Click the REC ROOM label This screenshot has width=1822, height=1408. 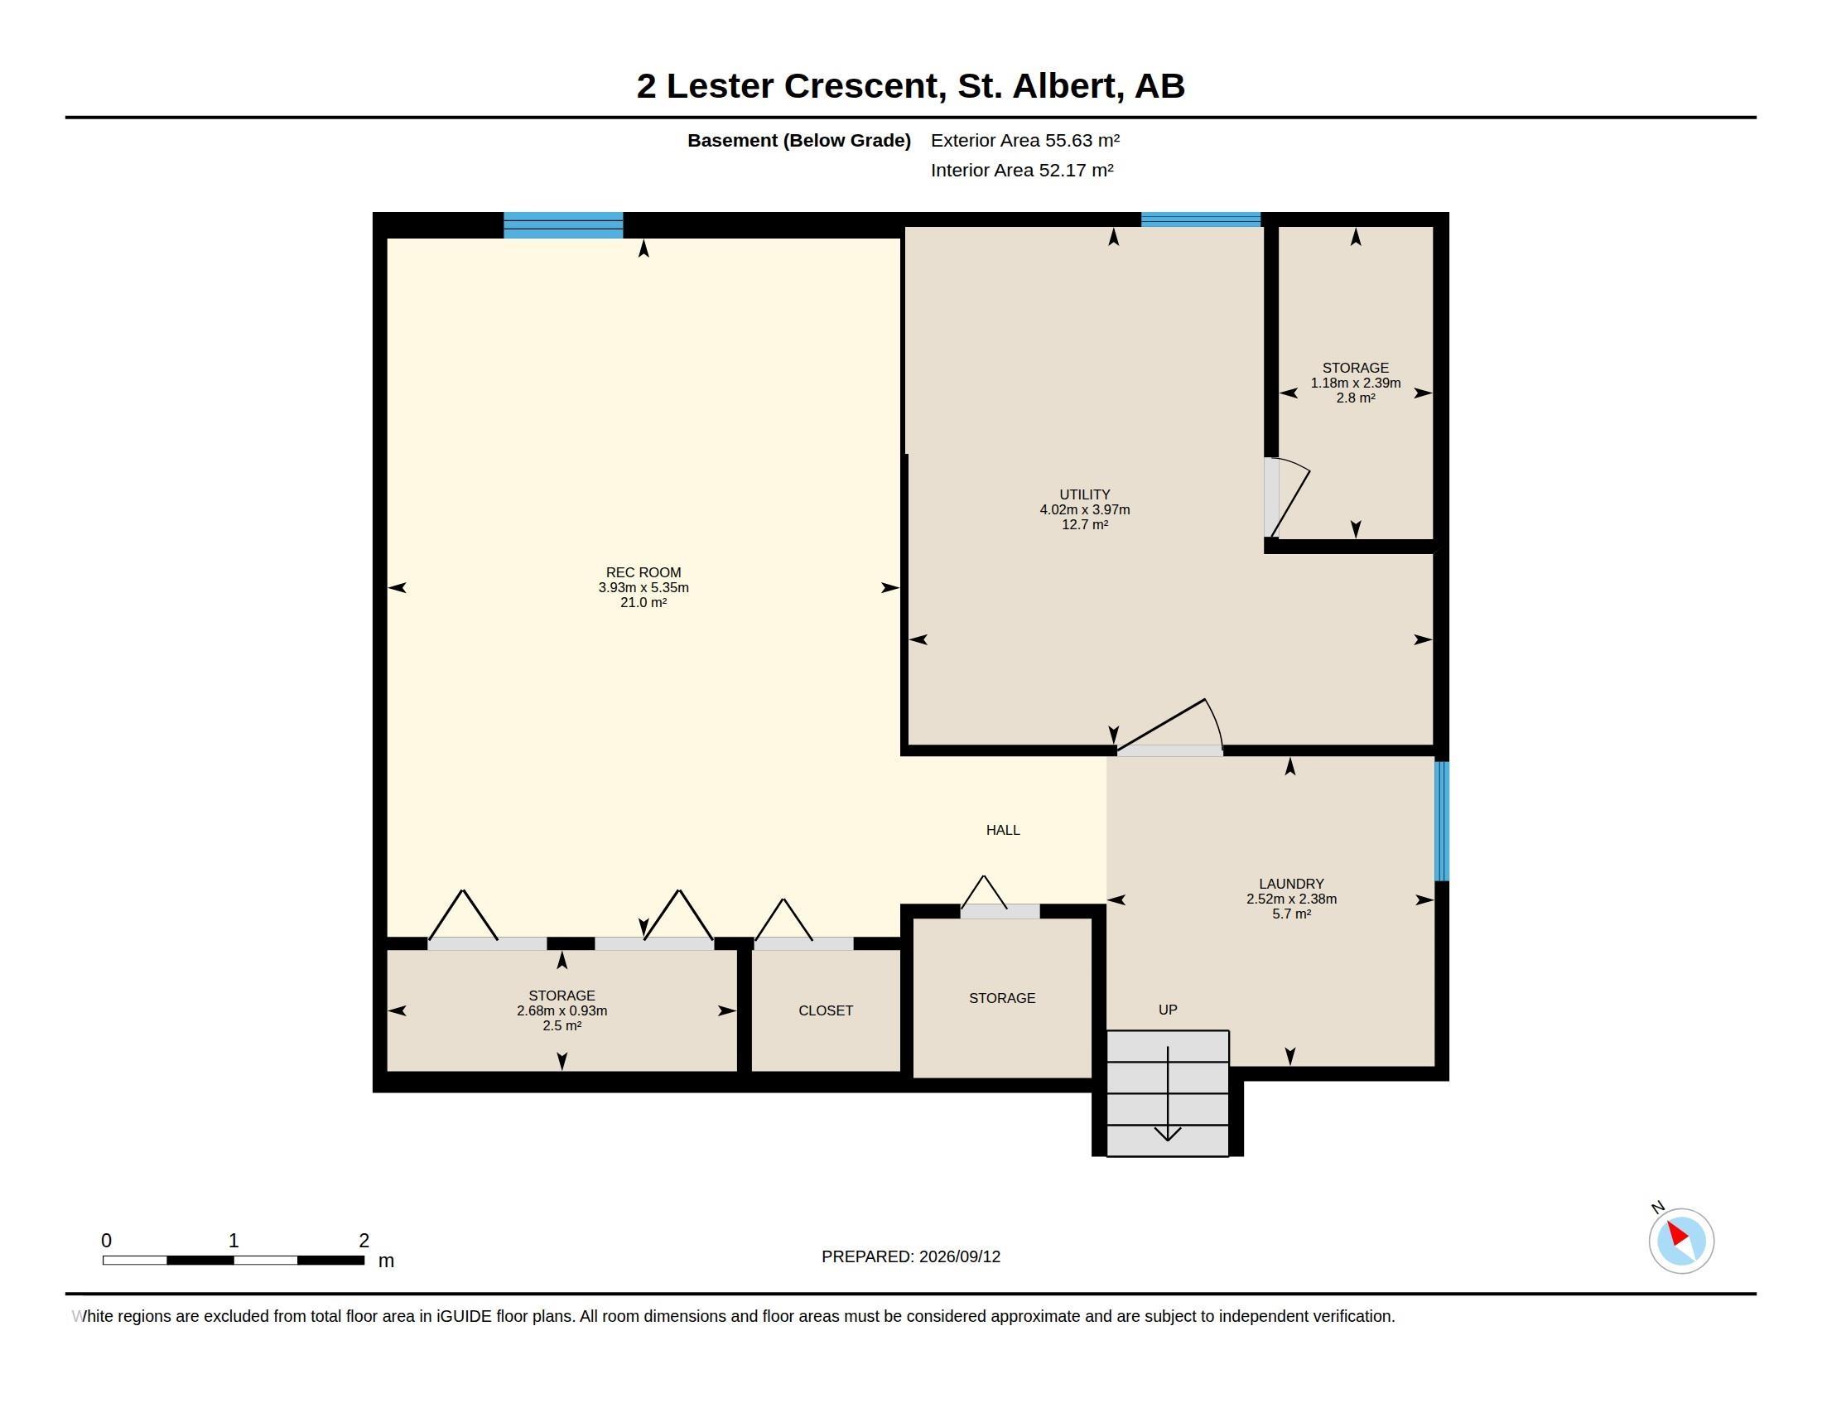(x=643, y=572)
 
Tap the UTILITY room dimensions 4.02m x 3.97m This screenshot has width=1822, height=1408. (x=1085, y=509)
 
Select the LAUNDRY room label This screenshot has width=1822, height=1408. (x=1291, y=885)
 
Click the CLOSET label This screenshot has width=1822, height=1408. (x=826, y=1011)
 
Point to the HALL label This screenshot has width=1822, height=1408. (x=1003, y=830)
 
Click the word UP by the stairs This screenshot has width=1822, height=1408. (x=1168, y=1010)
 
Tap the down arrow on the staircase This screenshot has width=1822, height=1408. (x=1168, y=1093)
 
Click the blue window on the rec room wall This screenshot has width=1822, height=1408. (x=563, y=225)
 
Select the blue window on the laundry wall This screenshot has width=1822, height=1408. (x=1442, y=821)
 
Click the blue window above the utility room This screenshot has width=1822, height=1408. (x=1201, y=219)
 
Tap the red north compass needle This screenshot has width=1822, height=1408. (x=1677, y=1234)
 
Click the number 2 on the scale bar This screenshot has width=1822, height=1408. (x=364, y=1241)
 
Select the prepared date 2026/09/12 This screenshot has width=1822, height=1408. (x=959, y=1256)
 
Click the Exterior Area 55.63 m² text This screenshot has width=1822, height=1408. (x=1025, y=140)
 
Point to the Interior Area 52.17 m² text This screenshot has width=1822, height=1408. (x=1022, y=170)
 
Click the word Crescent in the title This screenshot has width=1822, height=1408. (x=865, y=86)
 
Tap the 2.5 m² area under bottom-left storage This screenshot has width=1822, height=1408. (x=562, y=1026)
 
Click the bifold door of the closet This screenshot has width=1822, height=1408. (x=803, y=923)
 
